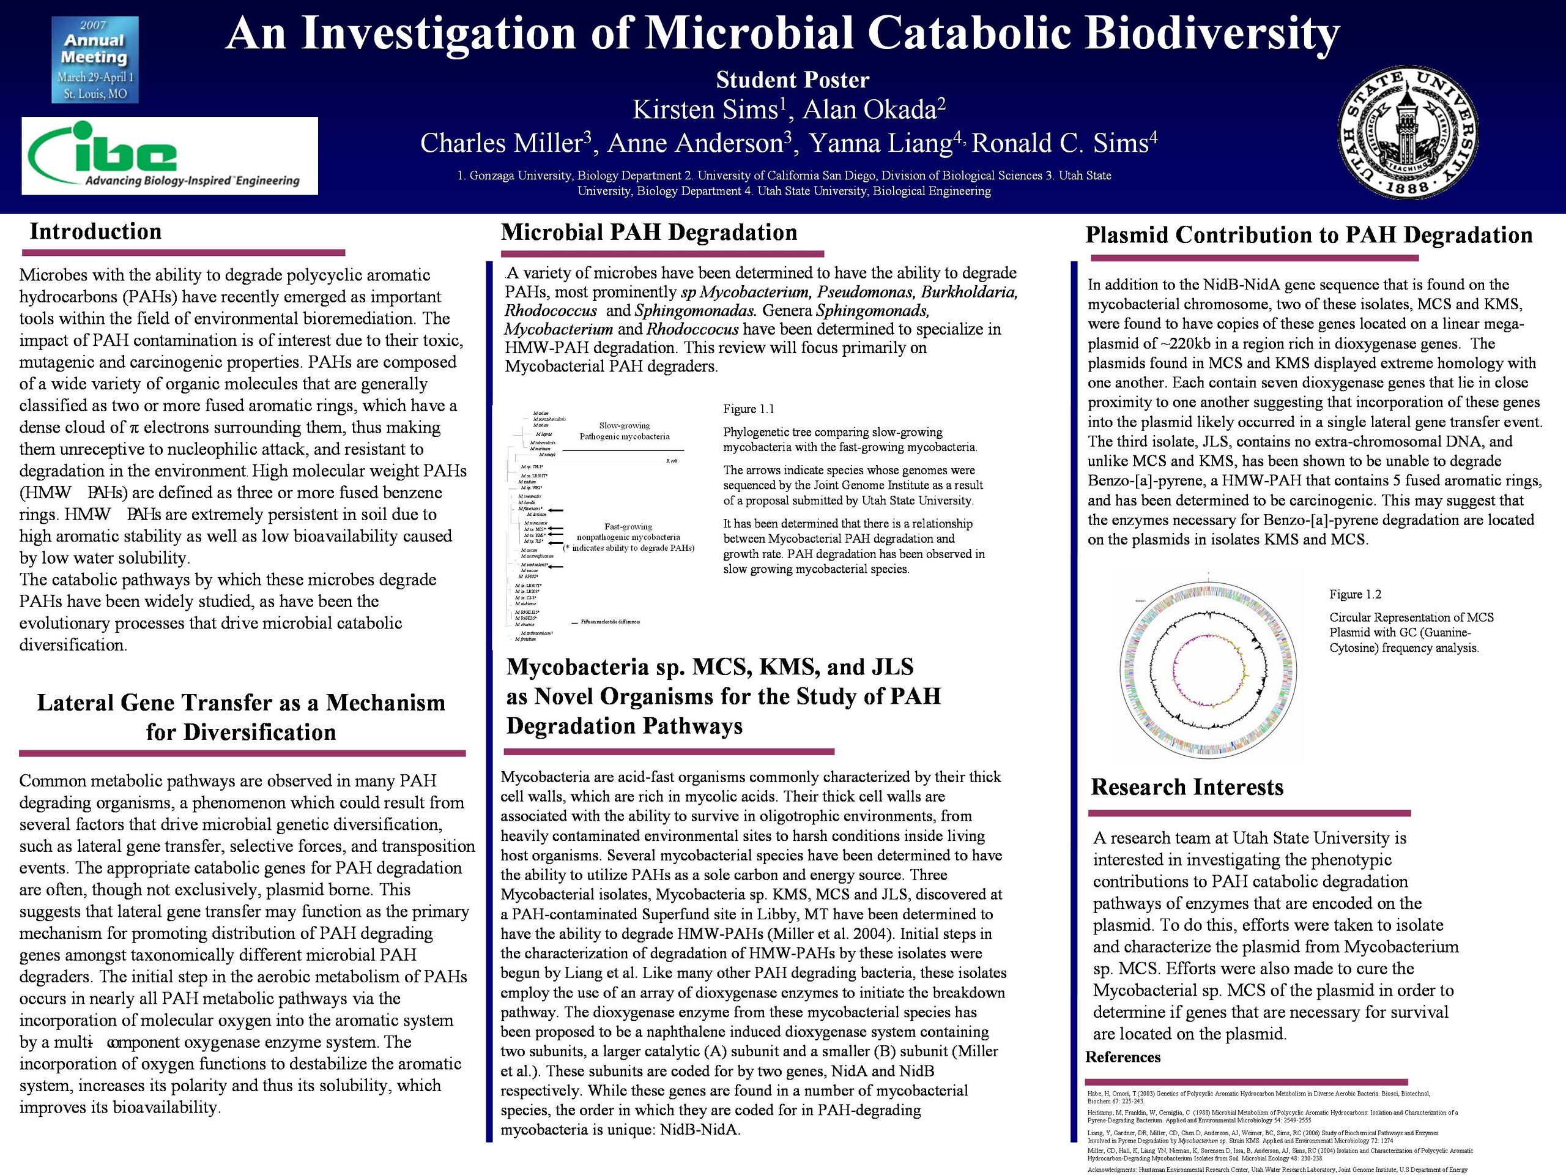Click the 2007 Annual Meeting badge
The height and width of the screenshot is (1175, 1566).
(95, 59)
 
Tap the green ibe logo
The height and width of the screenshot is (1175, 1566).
(170, 156)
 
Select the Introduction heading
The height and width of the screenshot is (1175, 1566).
(95, 231)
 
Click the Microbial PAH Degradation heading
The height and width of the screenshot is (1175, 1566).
(648, 233)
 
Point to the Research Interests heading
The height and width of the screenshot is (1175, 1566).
(1187, 787)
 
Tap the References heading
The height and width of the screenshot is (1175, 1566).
(1123, 1057)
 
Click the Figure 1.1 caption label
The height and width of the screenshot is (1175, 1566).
(748, 409)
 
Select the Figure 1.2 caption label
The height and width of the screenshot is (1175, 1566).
(1355, 594)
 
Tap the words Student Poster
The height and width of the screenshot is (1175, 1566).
(792, 80)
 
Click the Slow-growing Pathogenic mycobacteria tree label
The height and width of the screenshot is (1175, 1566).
(624, 431)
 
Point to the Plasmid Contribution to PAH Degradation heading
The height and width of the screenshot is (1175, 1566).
(1308, 235)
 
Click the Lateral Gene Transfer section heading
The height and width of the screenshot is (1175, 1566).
(240, 717)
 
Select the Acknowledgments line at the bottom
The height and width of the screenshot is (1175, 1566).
(1277, 1169)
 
